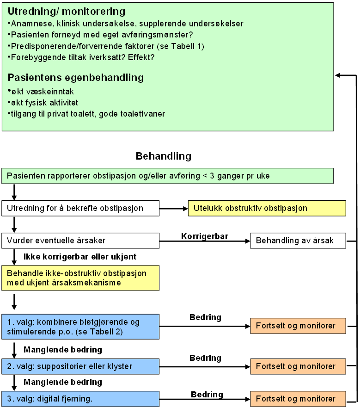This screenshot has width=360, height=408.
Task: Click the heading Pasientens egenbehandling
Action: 76,77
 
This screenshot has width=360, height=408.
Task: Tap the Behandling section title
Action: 163,156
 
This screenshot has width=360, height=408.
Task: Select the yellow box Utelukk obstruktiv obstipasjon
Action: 267,208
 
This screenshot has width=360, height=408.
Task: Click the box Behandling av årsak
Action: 298,241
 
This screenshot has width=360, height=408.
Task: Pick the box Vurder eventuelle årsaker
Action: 80,241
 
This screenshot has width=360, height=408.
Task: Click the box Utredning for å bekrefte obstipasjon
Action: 80,208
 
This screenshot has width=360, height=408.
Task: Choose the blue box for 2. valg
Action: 80,366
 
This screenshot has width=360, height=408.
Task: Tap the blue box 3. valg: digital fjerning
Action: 80,398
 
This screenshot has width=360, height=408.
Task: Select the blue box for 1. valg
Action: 80,327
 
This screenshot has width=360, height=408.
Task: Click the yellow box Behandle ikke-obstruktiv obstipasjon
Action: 80,278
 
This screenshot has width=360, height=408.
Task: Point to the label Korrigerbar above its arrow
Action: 205,236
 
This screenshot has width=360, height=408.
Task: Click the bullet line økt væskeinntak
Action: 42,92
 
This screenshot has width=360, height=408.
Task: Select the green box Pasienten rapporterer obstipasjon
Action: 167,176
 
